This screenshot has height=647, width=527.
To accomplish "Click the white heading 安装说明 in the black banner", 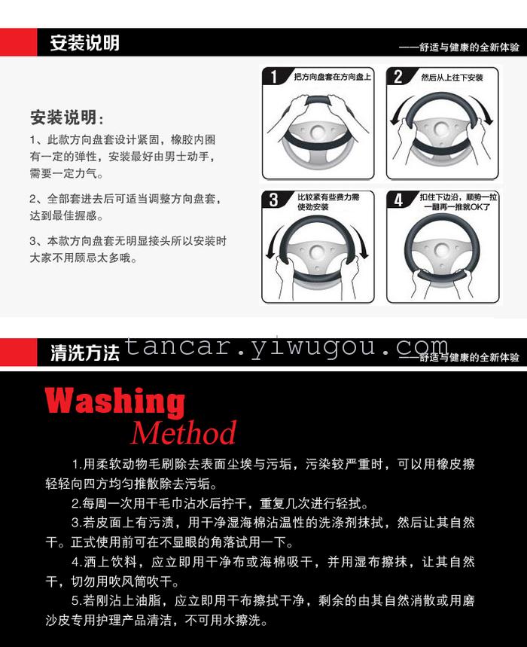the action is click(x=84, y=42).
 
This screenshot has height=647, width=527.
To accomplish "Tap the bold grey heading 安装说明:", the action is click(x=66, y=117).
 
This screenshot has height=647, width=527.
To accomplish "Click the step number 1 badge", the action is click(x=274, y=76).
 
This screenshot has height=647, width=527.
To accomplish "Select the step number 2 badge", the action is click(x=398, y=76).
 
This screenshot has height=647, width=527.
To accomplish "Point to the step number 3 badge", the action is click(x=274, y=200).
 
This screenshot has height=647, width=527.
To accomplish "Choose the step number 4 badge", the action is click(x=398, y=200).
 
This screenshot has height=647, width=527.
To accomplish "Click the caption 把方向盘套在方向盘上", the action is click(x=332, y=77).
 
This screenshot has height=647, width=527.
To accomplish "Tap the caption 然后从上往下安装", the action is click(x=452, y=77).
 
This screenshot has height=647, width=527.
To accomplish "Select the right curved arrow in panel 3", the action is click(x=361, y=241).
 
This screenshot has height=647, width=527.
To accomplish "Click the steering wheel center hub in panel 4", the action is click(x=442, y=250).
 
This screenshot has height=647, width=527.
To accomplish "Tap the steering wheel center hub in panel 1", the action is click(x=318, y=132).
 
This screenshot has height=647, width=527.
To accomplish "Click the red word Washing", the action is click(x=114, y=402).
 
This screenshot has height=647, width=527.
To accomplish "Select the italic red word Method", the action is click(x=184, y=432).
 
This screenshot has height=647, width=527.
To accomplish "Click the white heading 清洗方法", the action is click(x=84, y=352).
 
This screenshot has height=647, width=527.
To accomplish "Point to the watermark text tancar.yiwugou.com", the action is click(x=286, y=347).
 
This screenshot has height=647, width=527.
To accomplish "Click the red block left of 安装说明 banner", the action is click(x=19, y=42).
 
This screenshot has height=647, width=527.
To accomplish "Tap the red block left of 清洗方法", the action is click(x=19, y=352).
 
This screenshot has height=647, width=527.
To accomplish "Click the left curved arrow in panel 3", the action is click(x=274, y=241).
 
